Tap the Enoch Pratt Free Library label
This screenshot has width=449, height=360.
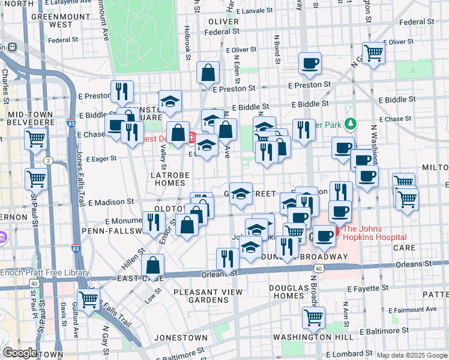click(x=44, y=273)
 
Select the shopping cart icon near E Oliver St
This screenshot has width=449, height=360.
click(x=374, y=53)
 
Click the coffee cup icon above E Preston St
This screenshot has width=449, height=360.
click(x=310, y=63)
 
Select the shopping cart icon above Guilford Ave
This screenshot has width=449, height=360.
click(x=89, y=299)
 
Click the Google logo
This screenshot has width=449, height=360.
click(x=19, y=353)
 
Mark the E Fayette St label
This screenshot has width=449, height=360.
click(x=397, y=289)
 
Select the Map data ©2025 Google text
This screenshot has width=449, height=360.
click(x=412, y=355)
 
